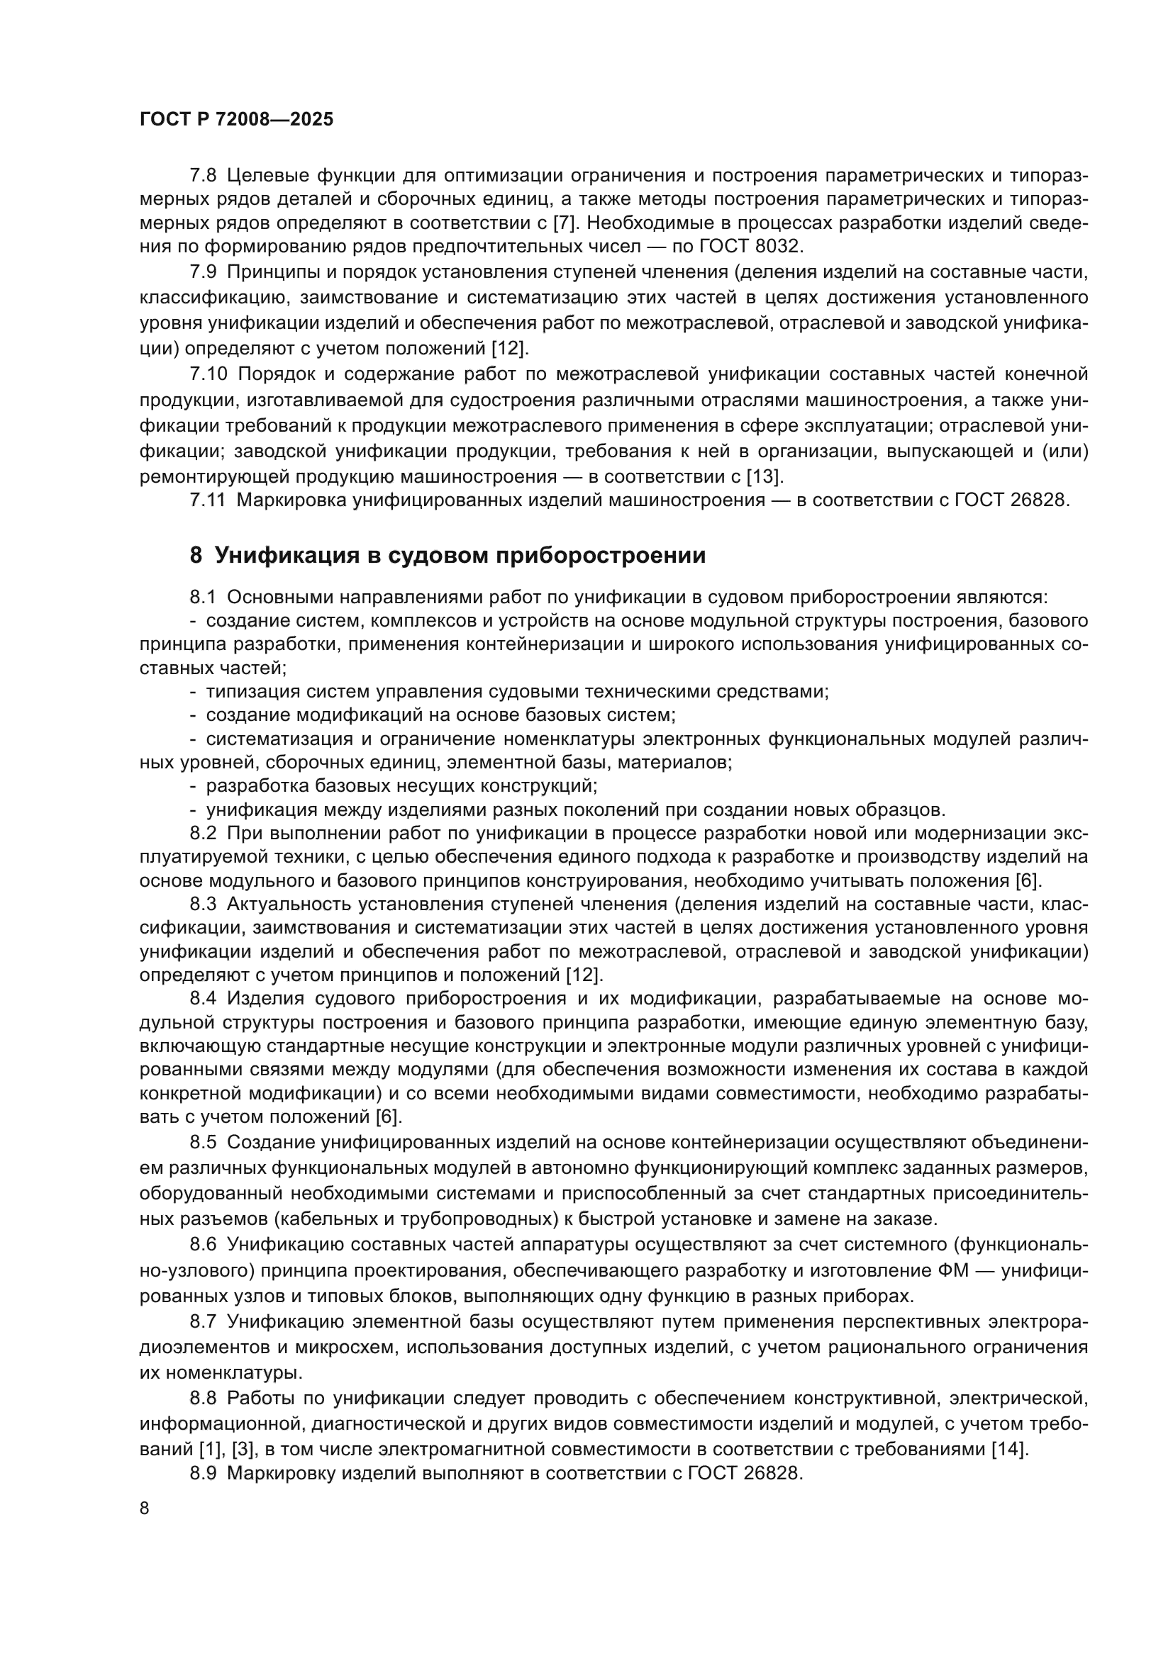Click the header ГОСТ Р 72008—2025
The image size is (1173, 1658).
pyautogui.click(x=236, y=120)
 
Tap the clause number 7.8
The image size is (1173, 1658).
pyautogui.click(x=203, y=176)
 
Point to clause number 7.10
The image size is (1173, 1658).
pyautogui.click(x=208, y=374)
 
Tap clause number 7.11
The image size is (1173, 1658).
pyautogui.click(x=207, y=500)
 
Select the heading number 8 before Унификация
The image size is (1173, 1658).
pyautogui.click(x=196, y=555)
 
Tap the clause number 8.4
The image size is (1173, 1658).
pyautogui.click(x=203, y=999)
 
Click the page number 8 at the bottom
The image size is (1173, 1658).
pyautogui.click(x=145, y=1508)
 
